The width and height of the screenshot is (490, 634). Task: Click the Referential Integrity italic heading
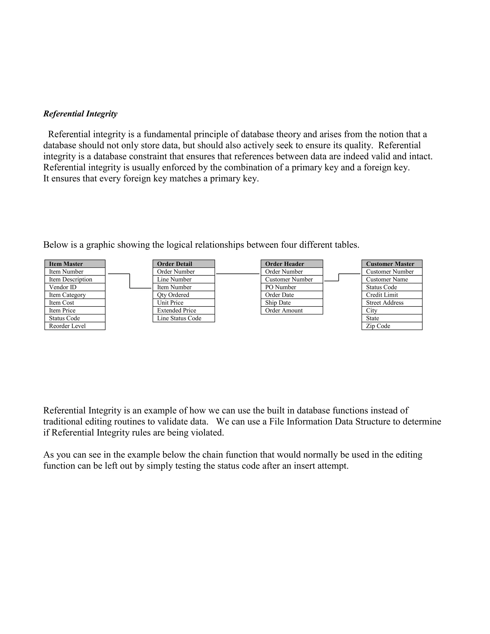80,114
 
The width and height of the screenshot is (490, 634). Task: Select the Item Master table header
75,264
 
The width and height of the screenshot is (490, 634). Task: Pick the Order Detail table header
184,264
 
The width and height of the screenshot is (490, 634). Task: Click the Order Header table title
292,264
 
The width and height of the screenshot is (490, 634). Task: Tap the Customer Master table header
392,264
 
